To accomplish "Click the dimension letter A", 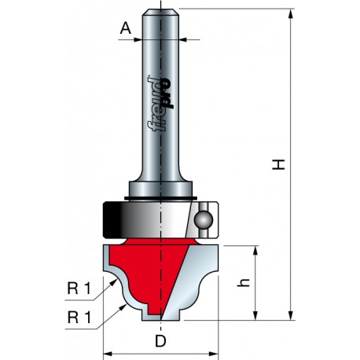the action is pos(126,28).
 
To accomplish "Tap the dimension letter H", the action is pos(278,164).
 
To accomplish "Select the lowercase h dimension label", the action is pos(244,282).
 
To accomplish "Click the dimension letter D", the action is pos(160,341).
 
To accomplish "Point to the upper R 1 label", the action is pos(79,288).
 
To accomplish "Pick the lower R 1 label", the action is pos(79,318).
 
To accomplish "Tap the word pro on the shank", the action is pos(167,93).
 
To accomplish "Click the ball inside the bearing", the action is pos(203,219).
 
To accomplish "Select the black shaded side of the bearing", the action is pos(112,220).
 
